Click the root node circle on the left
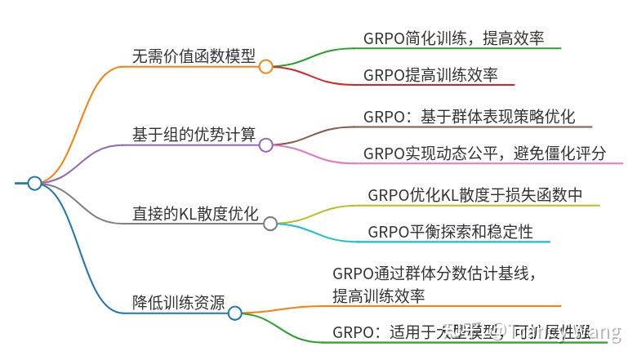pyautogui.click(x=34, y=183)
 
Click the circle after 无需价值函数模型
pyautogui.click(x=265, y=67)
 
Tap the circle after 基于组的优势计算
pyautogui.click(x=265, y=144)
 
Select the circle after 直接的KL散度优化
pyautogui.click(x=270, y=223)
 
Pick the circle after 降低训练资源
pyautogui.click(x=234, y=313)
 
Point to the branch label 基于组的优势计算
pyautogui.click(x=194, y=134)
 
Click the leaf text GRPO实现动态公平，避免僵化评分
pyautogui.click(x=484, y=153)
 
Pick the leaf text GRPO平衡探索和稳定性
pyautogui.click(x=450, y=232)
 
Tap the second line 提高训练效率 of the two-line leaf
pyautogui.click(x=378, y=295)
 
